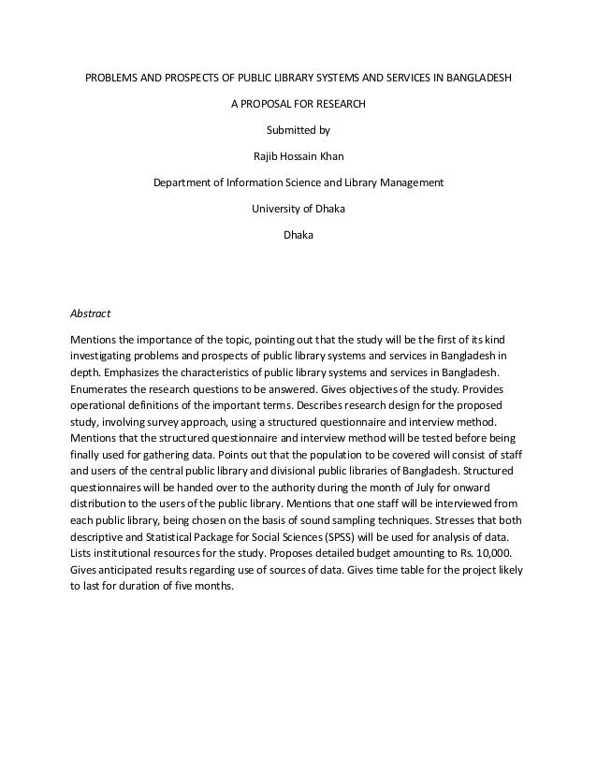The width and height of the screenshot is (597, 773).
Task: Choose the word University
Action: coord(278,208)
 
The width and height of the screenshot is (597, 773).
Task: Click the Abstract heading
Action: coord(91,314)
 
